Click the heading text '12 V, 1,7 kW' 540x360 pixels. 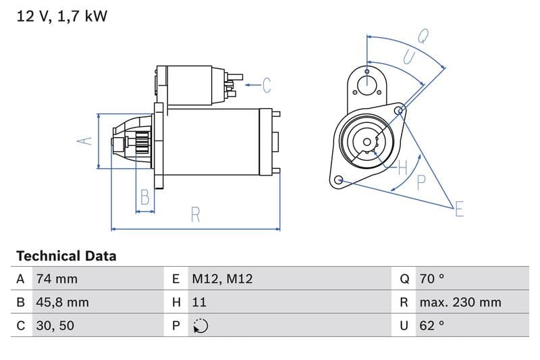click(x=61, y=16)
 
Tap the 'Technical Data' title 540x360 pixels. click(x=66, y=256)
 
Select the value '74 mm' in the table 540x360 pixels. click(x=56, y=279)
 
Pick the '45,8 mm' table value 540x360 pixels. click(x=61, y=302)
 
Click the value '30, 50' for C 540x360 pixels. click(x=55, y=326)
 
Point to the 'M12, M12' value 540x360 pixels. click(x=222, y=279)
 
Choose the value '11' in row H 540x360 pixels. click(x=199, y=302)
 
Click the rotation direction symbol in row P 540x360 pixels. click(x=200, y=326)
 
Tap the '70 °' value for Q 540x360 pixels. click(x=432, y=279)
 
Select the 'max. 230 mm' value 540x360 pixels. click(x=460, y=302)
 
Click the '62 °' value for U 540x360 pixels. click(x=432, y=326)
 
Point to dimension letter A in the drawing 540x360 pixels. click(x=83, y=141)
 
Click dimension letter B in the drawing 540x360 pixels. click(x=144, y=197)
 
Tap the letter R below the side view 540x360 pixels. click(x=196, y=215)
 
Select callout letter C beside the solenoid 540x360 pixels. click(x=267, y=85)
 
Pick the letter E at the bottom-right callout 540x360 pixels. click(x=459, y=209)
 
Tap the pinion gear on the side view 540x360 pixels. click(x=142, y=143)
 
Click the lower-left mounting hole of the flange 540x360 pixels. click(x=339, y=180)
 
